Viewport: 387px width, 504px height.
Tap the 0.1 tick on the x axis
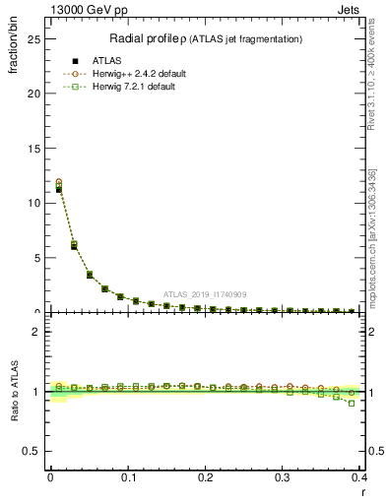[x=128, y=478]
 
